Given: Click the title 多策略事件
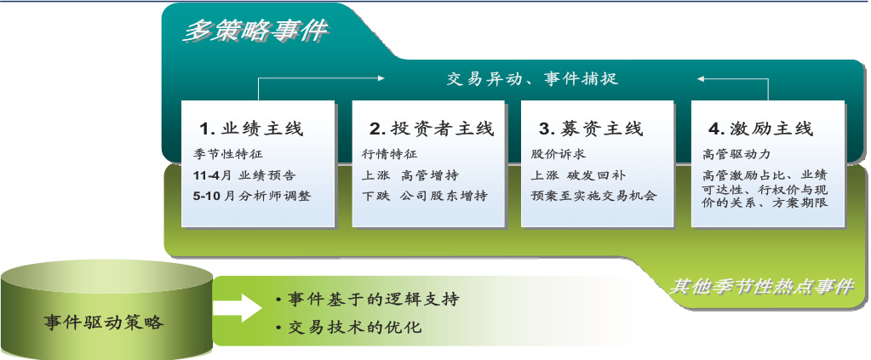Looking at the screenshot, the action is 255,31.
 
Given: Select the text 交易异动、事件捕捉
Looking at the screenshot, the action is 532,78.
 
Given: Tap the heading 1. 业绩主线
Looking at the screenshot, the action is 252,129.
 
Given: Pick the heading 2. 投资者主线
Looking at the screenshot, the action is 432,129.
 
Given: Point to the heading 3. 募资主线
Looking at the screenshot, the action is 591,129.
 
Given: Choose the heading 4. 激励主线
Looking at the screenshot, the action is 760,129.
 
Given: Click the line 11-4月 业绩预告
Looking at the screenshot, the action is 244,175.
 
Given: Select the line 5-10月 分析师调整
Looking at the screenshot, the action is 252,196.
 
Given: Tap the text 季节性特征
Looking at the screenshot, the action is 221,155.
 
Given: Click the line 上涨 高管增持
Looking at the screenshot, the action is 410,175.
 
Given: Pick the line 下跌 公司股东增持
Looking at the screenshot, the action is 424,196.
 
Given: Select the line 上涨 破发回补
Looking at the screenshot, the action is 578,175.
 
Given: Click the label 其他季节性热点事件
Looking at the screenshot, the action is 760,287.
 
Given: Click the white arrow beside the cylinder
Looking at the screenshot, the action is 238,307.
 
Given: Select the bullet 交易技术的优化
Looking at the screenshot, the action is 349,327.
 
